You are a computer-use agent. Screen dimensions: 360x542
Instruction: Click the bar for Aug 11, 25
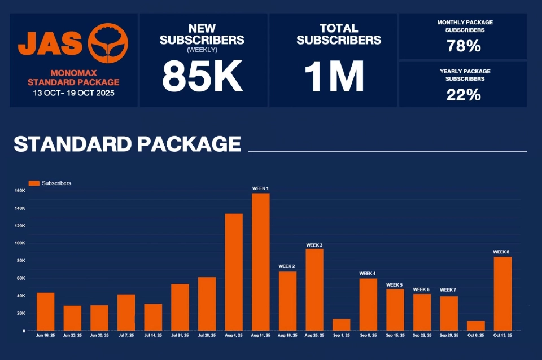tap(261, 262)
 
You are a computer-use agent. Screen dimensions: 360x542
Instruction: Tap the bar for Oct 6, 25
tap(476, 326)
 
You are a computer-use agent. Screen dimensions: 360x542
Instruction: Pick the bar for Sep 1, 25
tap(342, 325)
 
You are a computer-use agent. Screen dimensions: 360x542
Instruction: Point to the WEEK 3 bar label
tap(314, 245)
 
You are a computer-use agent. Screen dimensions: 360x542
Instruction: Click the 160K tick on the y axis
tap(20, 191)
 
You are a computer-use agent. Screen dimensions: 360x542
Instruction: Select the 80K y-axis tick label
tap(21, 261)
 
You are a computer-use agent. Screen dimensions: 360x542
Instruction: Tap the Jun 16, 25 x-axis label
tap(45, 335)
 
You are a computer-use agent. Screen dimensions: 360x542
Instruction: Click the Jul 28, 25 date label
tap(207, 335)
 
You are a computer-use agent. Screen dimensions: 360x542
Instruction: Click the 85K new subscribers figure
tap(203, 76)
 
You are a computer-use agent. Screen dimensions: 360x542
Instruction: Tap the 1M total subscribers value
tap(334, 76)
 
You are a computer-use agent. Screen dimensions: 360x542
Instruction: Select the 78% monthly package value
tap(464, 46)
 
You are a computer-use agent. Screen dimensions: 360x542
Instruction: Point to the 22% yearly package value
tap(464, 95)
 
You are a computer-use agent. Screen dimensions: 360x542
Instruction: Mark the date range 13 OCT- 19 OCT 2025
tap(73, 93)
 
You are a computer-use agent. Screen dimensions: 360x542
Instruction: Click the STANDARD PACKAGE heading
tap(127, 144)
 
